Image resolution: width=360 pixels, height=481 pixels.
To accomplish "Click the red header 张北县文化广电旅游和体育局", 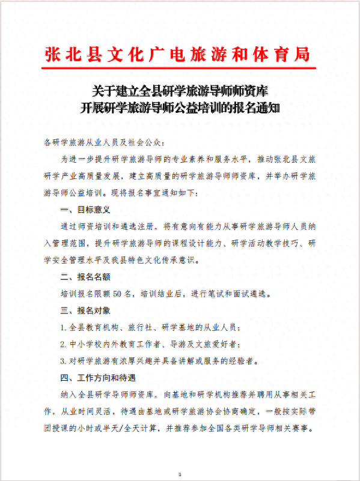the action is pyautogui.click(x=178, y=53).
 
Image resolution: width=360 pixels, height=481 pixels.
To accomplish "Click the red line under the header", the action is pyautogui.click(x=178, y=68).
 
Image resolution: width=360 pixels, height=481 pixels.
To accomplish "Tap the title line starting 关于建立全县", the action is pyautogui.click(x=180, y=91).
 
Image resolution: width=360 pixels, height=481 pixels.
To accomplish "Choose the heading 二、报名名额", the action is pyautogui.click(x=85, y=277).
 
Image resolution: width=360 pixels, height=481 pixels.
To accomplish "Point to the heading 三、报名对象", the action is pyautogui.click(x=85, y=310).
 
